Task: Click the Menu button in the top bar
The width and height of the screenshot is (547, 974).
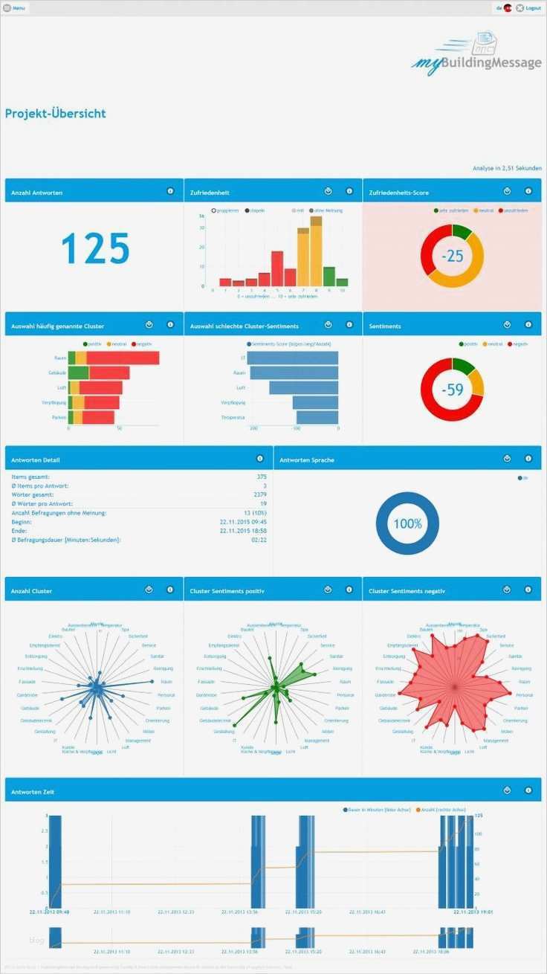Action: (x=14, y=7)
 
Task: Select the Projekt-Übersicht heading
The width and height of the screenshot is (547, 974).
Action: (x=56, y=114)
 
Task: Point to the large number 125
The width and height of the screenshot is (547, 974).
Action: (x=95, y=248)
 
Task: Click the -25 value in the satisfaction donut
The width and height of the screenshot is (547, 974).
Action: (x=452, y=256)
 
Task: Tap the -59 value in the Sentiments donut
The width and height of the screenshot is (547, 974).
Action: (x=452, y=389)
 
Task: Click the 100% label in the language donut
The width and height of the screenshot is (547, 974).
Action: (x=407, y=523)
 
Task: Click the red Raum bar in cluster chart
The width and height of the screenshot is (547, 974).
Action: (x=123, y=358)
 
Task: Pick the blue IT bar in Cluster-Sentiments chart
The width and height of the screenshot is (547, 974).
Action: (x=292, y=358)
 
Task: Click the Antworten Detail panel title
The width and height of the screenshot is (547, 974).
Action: (x=36, y=459)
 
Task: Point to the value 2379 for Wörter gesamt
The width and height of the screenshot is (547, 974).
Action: (x=259, y=494)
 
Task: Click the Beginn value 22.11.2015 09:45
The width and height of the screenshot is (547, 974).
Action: (x=243, y=521)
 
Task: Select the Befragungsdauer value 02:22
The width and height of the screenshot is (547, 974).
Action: (x=259, y=539)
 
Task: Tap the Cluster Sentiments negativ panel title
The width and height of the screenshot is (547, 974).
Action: (x=407, y=591)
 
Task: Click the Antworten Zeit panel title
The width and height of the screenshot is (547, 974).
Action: (x=33, y=792)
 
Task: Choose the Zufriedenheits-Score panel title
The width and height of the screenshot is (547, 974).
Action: (x=399, y=193)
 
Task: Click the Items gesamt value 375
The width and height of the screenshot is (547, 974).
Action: (x=261, y=477)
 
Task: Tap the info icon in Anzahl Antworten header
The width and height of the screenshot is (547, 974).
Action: (x=170, y=191)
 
